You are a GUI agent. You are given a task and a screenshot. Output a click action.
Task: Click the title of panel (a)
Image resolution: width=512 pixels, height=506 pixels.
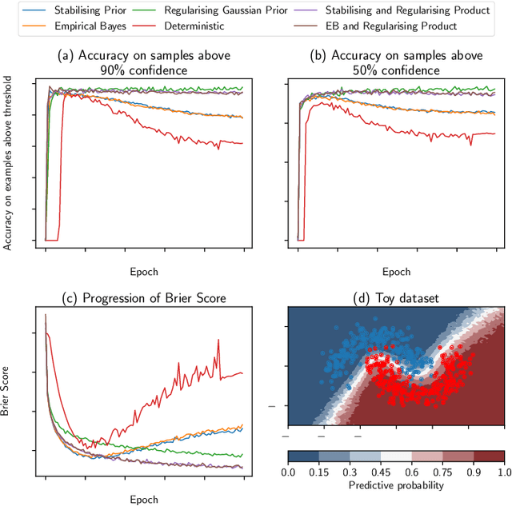coord(144,62)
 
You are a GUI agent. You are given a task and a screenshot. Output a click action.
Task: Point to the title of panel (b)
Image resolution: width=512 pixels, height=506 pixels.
coord(396,62)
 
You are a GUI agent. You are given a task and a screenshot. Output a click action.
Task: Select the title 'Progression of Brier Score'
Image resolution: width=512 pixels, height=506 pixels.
coord(144,298)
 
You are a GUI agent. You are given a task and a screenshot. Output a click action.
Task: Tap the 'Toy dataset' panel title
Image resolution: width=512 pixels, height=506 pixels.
coord(396,298)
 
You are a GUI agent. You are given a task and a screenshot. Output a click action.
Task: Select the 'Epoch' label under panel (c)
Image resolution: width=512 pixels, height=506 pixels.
coord(144,499)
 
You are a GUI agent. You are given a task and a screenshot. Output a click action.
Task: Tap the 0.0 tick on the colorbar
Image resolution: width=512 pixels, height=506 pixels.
coord(288,472)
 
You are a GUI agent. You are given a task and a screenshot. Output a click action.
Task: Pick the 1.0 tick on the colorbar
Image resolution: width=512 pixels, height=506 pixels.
coord(504,472)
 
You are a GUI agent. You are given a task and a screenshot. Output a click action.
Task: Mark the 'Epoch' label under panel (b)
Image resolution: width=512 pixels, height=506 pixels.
coord(396,271)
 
